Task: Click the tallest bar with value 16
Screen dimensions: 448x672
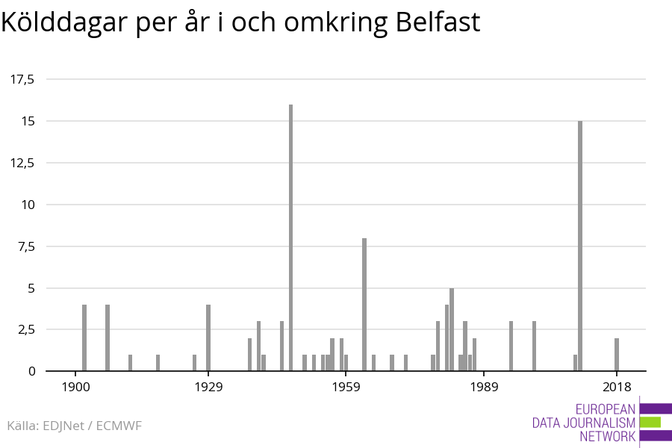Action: point(290,237)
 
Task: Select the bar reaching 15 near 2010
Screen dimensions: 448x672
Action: point(580,246)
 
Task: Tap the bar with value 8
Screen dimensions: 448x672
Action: point(364,304)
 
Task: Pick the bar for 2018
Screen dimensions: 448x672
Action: point(617,355)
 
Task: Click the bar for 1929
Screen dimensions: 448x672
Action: point(208,337)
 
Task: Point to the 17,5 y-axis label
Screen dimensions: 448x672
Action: point(22,79)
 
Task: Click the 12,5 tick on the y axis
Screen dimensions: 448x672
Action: point(22,163)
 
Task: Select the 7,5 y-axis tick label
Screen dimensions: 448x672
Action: point(26,246)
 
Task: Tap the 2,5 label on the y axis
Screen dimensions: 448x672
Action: point(26,329)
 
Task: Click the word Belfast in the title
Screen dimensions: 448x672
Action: point(438,22)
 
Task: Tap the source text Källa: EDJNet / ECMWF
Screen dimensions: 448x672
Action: point(74,426)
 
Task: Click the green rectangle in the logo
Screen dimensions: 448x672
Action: point(650,422)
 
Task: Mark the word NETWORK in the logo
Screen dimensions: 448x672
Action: point(607,436)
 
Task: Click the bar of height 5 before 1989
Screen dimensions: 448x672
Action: point(452,329)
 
